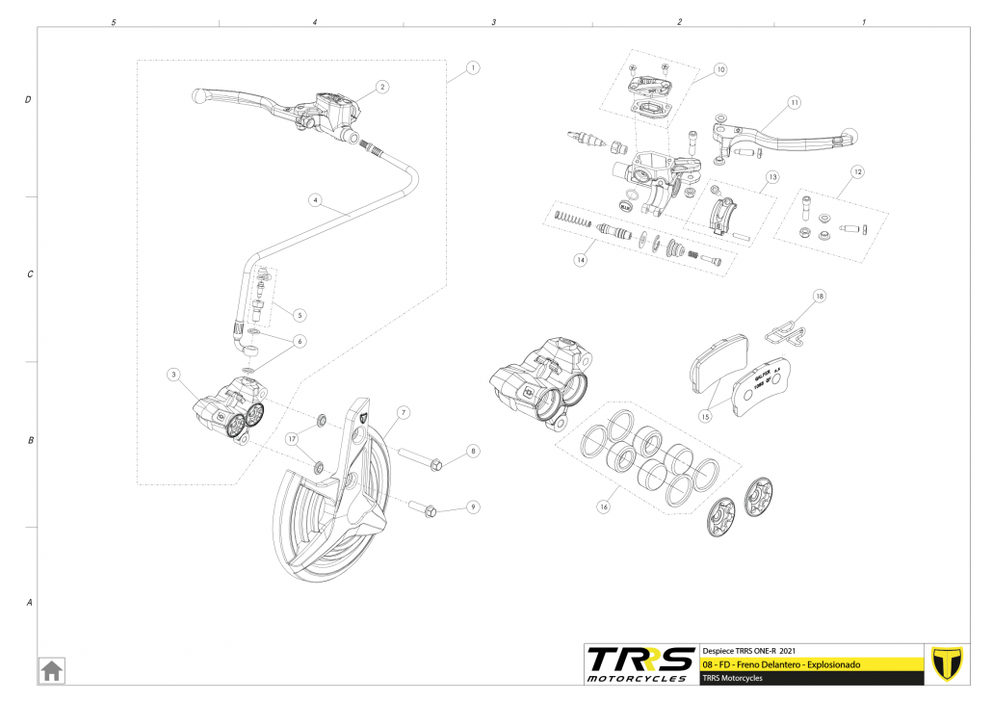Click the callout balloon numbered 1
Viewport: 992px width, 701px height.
coord(472,68)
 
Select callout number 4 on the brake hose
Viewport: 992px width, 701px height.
coord(315,200)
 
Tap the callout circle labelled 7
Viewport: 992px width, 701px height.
coord(404,412)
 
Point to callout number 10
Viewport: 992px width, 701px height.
coord(721,69)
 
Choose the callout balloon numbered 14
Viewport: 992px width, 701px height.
coord(580,259)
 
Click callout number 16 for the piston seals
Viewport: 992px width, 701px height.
coord(604,505)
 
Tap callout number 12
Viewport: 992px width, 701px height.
coord(857,171)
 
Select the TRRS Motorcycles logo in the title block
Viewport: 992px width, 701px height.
coord(640,662)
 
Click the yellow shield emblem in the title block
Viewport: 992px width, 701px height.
coord(949,663)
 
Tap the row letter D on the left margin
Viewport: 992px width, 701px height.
coord(29,99)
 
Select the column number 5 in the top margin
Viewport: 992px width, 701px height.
coord(114,21)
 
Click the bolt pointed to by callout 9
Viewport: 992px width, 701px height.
coord(424,506)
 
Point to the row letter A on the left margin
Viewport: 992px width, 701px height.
coord(29,603)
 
